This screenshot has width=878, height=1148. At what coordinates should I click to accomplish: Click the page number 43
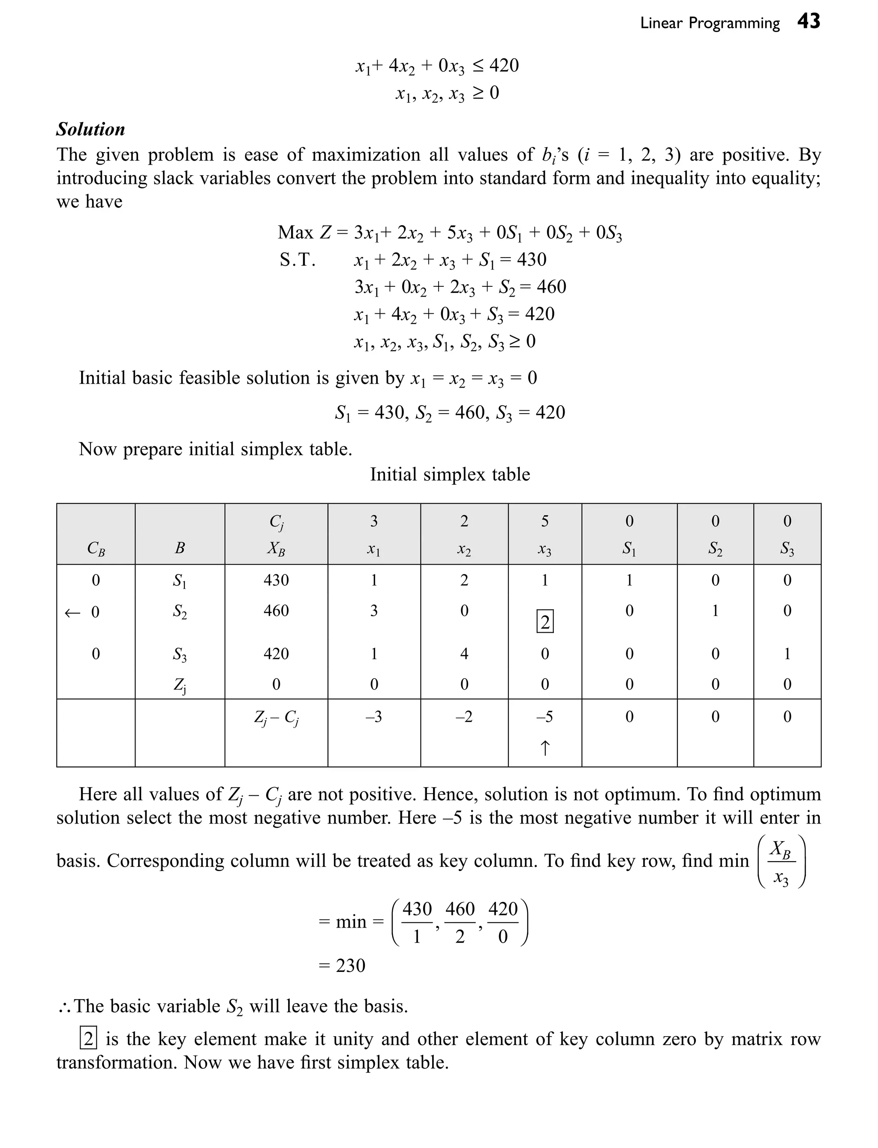point(809,21)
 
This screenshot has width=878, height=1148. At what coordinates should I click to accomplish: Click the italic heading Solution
point(91,129)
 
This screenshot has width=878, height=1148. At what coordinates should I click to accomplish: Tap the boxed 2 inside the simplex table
point(544,622)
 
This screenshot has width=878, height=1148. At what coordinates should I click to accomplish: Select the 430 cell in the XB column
point(276,580)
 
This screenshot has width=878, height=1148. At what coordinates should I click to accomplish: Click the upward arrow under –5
point(544,748)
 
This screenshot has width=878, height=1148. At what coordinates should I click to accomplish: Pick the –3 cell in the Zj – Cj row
point(374,716)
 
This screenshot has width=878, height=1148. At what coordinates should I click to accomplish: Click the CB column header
point(96,548)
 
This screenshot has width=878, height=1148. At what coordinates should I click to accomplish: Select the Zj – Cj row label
point(276,718)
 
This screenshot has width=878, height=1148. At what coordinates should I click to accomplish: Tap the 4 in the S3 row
point(464,654)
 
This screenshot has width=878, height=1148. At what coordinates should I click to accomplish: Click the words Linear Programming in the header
point(709,24)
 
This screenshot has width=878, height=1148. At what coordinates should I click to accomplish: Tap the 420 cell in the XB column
point(276,654)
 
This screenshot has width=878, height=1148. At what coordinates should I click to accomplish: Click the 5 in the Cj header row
point(544,521)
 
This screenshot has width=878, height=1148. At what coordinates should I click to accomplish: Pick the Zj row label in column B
point(179,685)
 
